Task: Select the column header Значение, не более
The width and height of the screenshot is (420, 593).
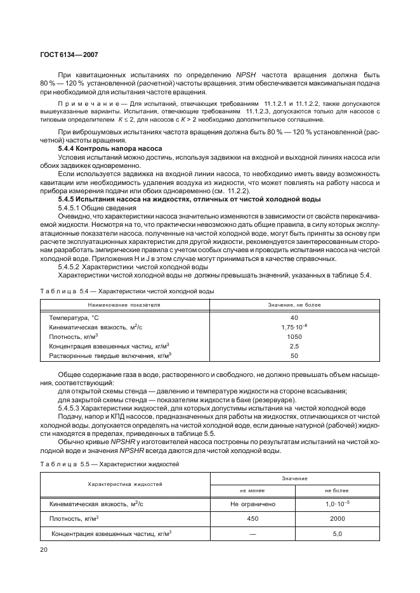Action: (x=294, y=305)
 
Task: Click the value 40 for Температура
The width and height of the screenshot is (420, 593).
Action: (x=294, y=317)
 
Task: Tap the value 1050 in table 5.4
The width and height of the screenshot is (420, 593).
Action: (x=294, y=336)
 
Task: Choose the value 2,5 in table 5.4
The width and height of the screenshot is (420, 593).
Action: (x=294, y=347)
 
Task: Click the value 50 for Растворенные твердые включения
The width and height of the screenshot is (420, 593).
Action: (x=294, y=356)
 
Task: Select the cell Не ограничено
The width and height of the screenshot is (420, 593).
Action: (x=253, y=504)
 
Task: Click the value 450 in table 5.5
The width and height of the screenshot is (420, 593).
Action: (x=253, y=518)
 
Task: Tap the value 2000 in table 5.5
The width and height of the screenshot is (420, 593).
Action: (x=337, y=518)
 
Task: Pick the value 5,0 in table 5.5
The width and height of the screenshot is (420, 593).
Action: (x=337, y=533)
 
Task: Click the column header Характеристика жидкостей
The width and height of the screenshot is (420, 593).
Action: (x=125, y=484)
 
